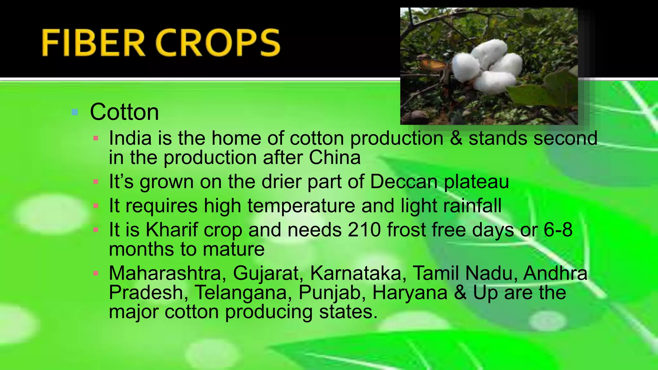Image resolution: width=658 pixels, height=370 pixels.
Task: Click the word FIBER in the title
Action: point(93,43)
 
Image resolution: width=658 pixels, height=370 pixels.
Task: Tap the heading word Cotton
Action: point(124,112)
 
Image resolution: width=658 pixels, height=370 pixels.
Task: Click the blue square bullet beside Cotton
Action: point(75,112)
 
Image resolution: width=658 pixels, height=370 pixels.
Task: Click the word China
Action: point(334,158)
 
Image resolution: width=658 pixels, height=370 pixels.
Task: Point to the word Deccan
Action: point(404,182)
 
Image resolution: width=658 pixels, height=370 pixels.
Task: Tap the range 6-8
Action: point(558,230)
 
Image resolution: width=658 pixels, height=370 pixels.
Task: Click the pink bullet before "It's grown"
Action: point(95,182)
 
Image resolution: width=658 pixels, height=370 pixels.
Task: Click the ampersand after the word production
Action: point(456,138)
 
